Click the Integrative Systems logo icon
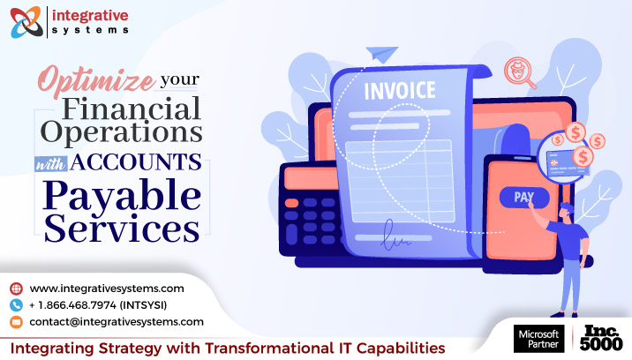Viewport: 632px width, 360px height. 27,21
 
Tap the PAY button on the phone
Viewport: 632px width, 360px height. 518,197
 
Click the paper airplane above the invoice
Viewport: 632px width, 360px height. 385,55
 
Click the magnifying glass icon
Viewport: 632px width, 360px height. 520,71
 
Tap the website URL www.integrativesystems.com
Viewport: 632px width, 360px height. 107,288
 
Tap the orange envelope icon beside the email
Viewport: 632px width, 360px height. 16,321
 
